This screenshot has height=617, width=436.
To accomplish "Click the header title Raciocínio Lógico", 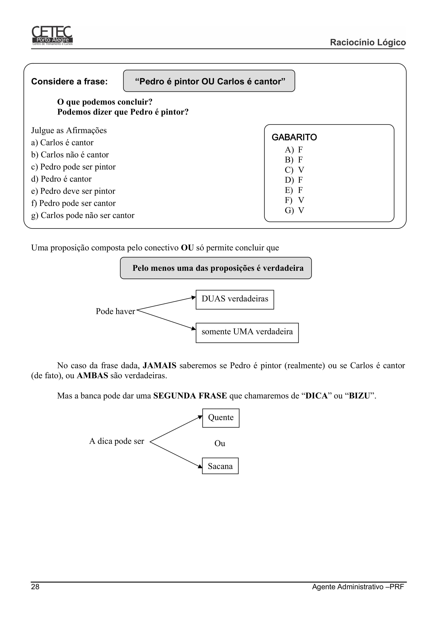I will [367, 42].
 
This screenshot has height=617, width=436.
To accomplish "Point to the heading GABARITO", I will [294, 137].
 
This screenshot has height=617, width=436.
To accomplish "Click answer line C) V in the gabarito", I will [294, 170].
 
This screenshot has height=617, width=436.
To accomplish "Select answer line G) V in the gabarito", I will [294, 210].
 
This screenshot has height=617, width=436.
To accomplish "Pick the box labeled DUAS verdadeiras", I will [235, 299].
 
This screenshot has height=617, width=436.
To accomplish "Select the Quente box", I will [221, 418].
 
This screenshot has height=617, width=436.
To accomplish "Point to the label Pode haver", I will [115, 311].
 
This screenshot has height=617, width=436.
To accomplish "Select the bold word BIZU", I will [360, 396].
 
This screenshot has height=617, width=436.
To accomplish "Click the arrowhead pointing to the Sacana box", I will [200, 466].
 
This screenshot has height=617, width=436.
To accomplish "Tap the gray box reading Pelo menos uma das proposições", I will [216, 268].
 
